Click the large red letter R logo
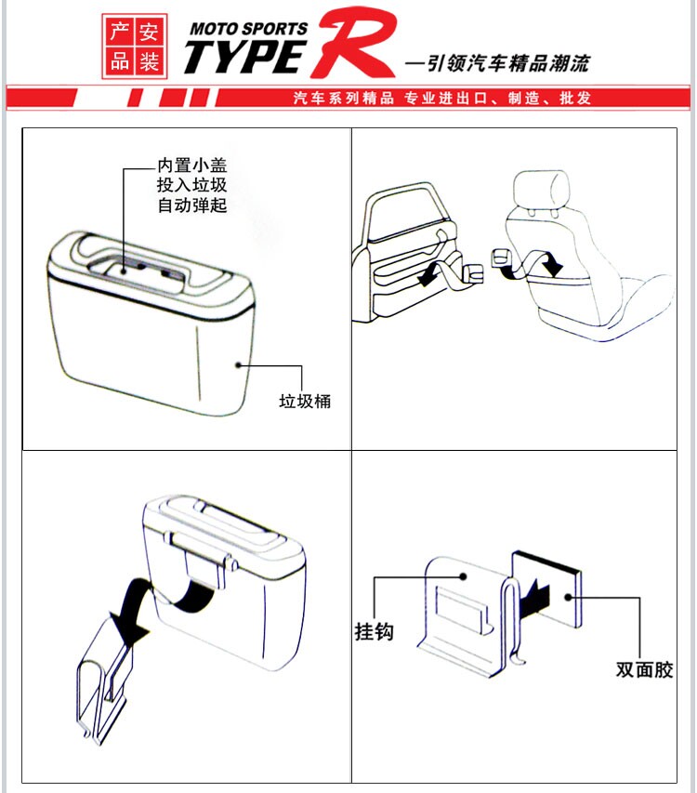(x=354, y=43)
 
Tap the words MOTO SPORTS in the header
(x=248, y=28)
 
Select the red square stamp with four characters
(x=135, y=46)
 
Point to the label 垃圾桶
(x=305, y=401)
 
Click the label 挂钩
(x=374, y=631)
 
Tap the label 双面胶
(x=644, y=669)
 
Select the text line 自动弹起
(x=192, y=205)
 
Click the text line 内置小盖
(x=192, y=165)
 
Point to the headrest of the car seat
(x=541, y=190)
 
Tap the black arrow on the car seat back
(x=550, y=264)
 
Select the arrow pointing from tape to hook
(x=534, y=600)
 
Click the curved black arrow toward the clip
(x=130, y=605)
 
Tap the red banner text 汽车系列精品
(x=344, y=98)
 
